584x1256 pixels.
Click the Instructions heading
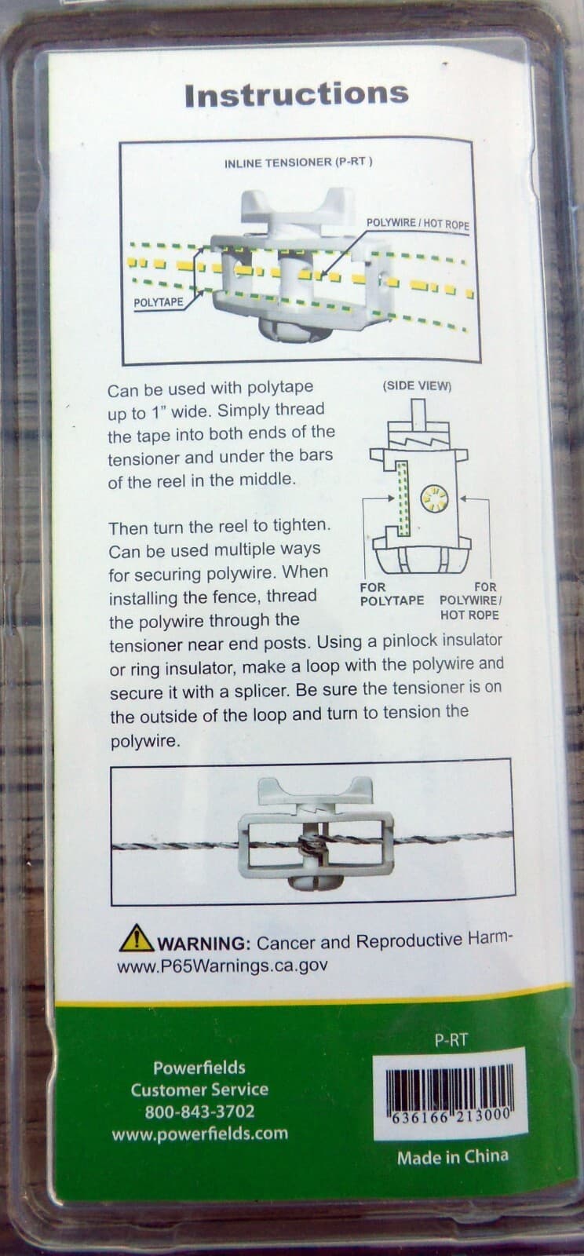point(297,94)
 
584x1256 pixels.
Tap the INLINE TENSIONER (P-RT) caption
point(298,162)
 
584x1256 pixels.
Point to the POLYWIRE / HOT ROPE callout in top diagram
point(418,224)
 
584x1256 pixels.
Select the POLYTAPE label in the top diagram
point(159,302)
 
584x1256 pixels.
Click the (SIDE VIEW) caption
point(417,385)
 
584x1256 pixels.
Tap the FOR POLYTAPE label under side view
point(392,593)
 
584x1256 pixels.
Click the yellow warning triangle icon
point(137,939)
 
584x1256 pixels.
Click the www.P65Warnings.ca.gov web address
point(222,966)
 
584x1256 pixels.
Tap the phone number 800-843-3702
point(200,1112)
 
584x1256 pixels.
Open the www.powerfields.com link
point(200,1134)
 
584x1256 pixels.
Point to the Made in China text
point(453,1157)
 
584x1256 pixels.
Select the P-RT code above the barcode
point(451,1041)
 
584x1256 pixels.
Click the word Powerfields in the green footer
point(199,1067)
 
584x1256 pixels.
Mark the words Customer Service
point(199,1090)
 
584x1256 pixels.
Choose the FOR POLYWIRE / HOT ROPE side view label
point(470,601)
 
